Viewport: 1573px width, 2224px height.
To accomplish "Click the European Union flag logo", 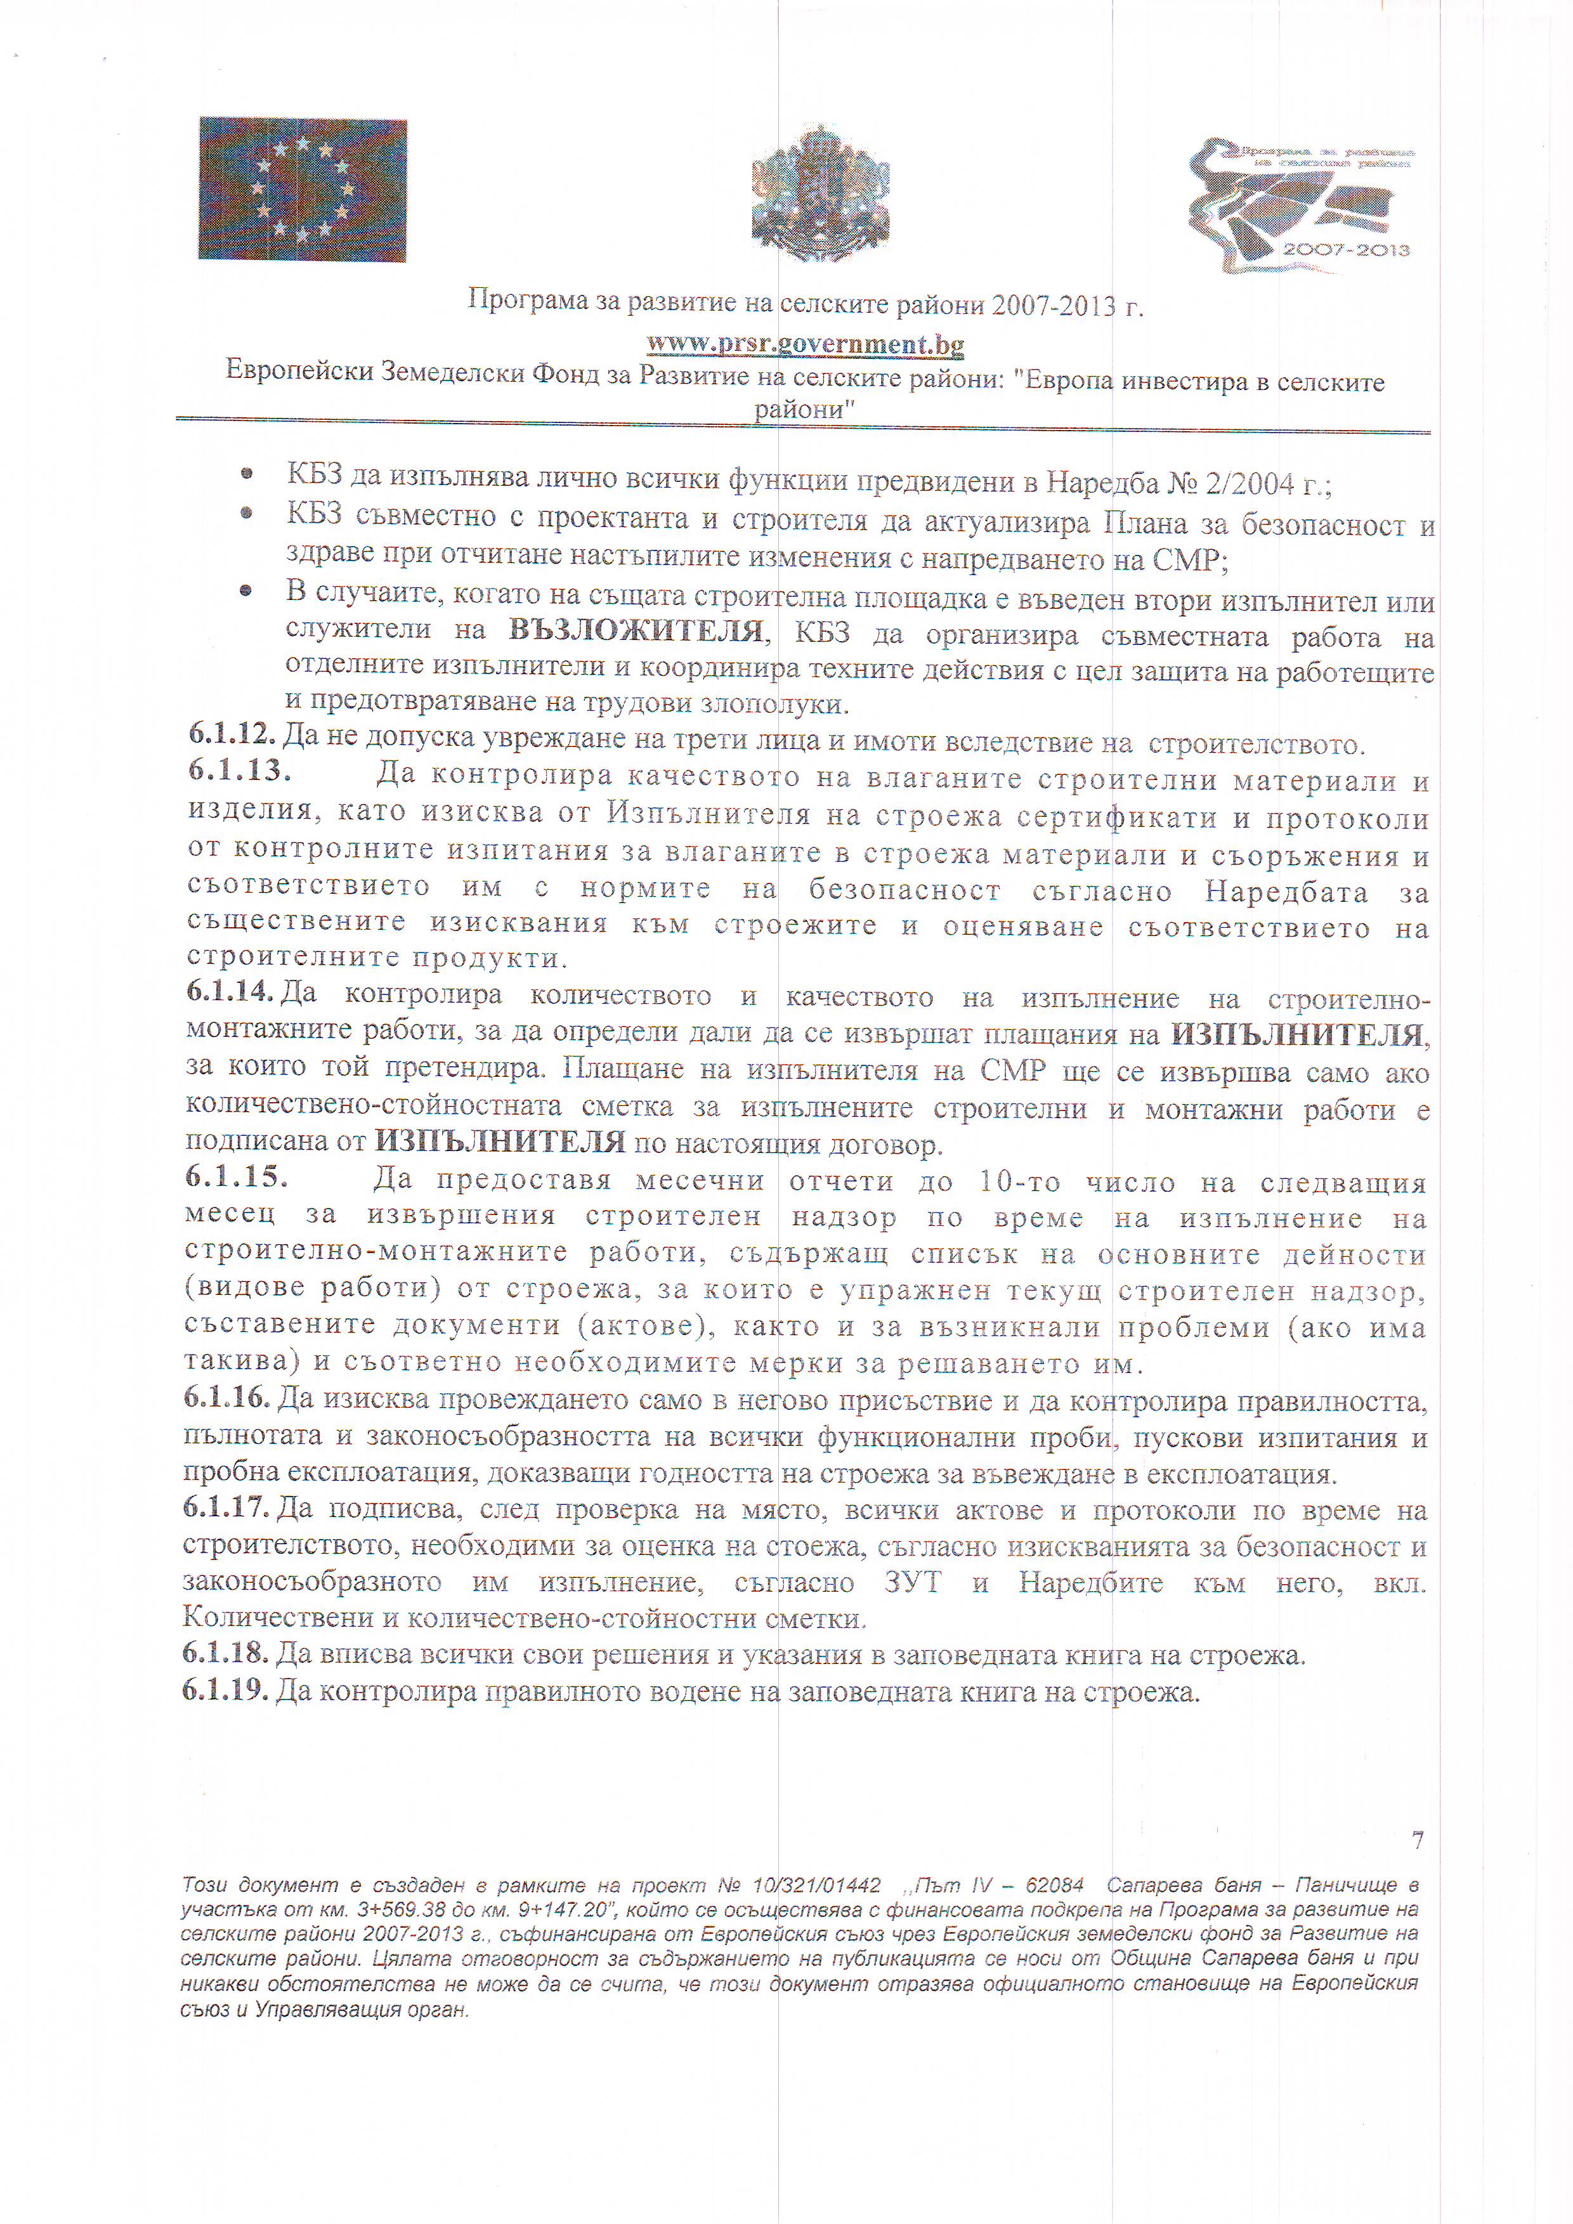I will click(x=302, y=190).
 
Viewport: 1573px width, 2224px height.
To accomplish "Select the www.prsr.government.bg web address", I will click(x=805, y=344).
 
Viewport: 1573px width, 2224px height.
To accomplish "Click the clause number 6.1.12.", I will click(x=232, y=735).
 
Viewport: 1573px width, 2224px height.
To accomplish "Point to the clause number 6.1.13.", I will click(x=239, y=772).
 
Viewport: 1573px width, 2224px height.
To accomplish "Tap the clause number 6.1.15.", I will click(x=237, y=1177).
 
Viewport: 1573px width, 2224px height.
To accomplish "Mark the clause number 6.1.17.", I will click(x=226, y=1507).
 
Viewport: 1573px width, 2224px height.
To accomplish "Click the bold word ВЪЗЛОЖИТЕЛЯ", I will click(x=636, y=632).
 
